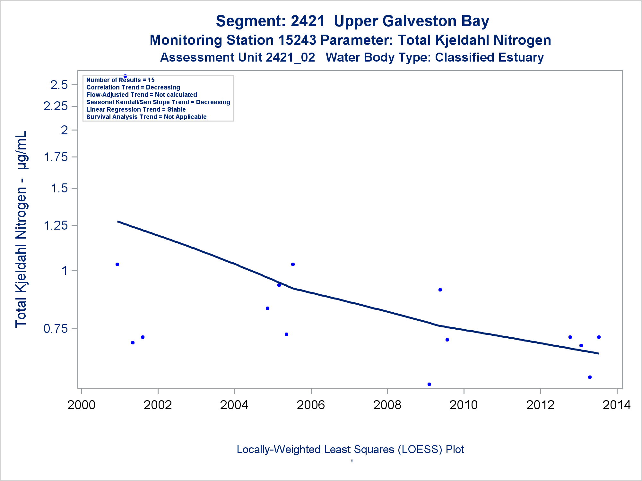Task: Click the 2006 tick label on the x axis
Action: pyautogui.click(x=310, y=405)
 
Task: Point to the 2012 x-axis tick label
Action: pyautogui.click(x=540, y=405)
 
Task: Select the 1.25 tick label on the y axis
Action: pyautogui.click(x=56, y=225)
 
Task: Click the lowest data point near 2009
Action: pyautogui.click(x=429, y=384)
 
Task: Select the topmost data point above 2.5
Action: pyautogui.click(x=125, y=76)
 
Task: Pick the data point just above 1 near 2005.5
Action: pyautogui.click(x=293, y=264)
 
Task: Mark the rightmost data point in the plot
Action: pyautogui.click(x=599, y=337)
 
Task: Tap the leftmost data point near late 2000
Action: pyautogui.click(x=117, y=264)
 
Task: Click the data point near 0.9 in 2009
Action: pyautogui.click(x=440, y=290)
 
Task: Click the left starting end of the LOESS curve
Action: pyautogui.click(x=118, y=221)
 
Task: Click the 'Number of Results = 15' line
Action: pyautogui.click(x=120, y=80)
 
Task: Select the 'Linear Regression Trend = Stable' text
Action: pyautogui.click(x=136, y=110)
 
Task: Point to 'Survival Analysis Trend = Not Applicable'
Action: pyautogui.click(x=146, y=117)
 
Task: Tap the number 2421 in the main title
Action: pyautogui.click(x=308, y=21)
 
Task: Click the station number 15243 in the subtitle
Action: pyautogui.click(x=297, y=40)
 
